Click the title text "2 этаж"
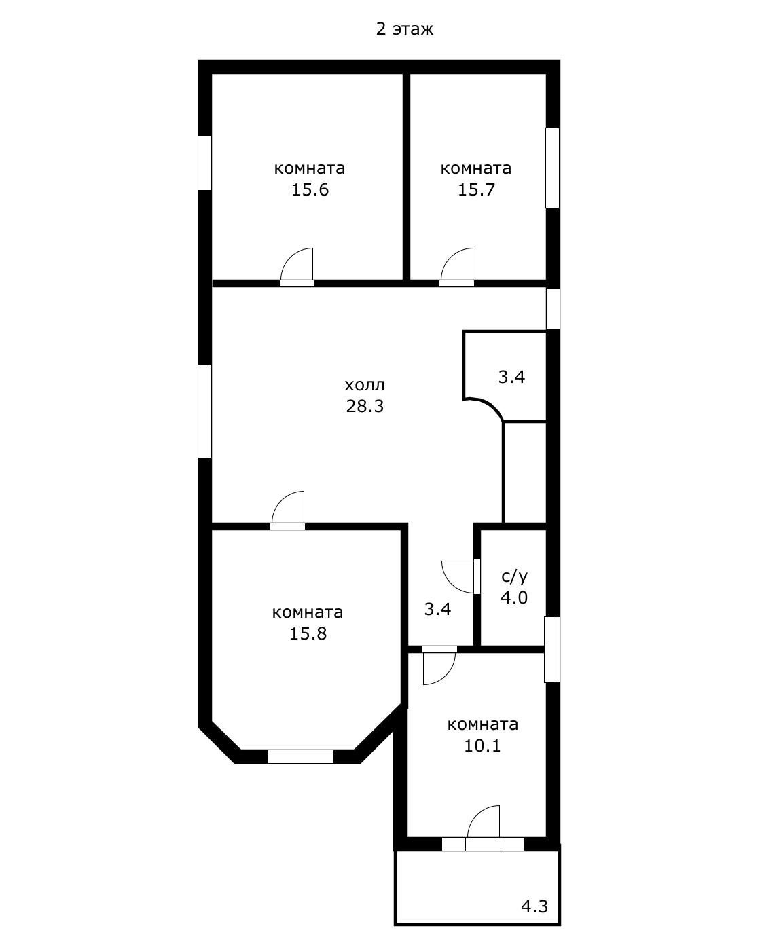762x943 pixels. pos(404,29)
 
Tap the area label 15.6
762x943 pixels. pos(310,190)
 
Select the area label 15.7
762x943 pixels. pos(476,190)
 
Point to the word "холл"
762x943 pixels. pos(365,385)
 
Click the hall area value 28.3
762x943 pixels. pos(365,407)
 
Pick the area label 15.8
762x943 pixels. pos(308,633)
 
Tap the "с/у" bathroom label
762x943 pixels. pos(515,576)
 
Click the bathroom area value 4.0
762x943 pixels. pos(514,598)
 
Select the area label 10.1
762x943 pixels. pos(482,746)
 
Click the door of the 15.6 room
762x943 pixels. pos(297,267)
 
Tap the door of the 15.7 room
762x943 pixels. pos(457,267)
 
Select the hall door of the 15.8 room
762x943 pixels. pos(288,511)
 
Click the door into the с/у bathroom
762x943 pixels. pos(461,576)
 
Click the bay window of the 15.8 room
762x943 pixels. pos(301,756)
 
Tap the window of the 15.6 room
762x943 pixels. pos(204,162)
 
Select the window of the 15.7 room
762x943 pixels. pos(553,168)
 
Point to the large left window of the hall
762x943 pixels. pos(204,411)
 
